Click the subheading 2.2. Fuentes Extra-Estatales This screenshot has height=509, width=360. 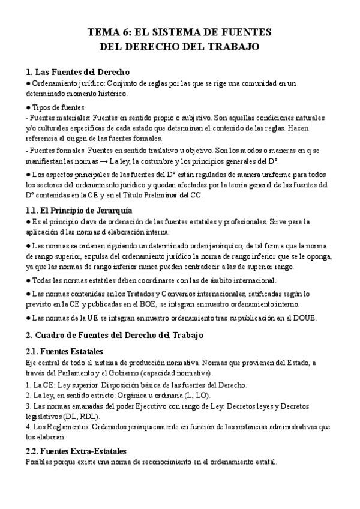coord(76,450)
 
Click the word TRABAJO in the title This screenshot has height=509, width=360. coord(230,46)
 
